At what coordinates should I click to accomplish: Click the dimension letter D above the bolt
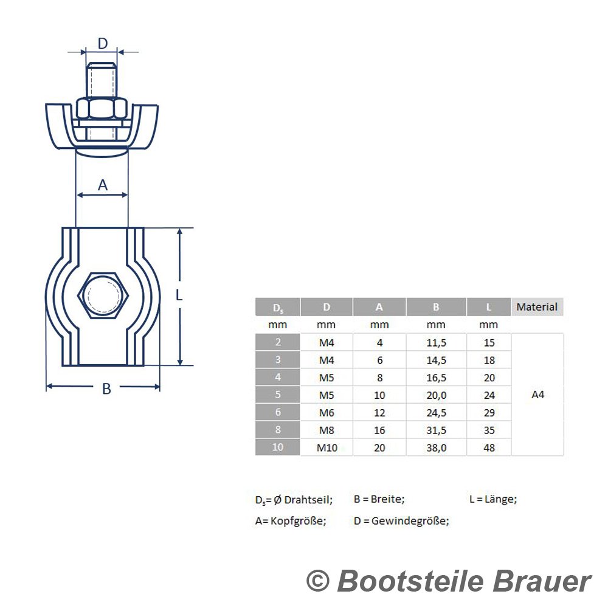click(x=102, y=43)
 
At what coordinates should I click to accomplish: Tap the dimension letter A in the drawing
click(x=102, y=185)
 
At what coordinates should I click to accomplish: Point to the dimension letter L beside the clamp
click(x=179, y=295)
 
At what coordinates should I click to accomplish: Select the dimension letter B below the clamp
click(x=106, y=389)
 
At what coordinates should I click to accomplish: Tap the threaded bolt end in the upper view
click(x=101, y=80)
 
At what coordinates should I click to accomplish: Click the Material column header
click(x=537, y=306)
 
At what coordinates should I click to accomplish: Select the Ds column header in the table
click(x=278, y=308)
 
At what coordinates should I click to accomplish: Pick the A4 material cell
click(x=538, y=395)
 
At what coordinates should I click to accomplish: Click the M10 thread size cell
click(x=327, y=448)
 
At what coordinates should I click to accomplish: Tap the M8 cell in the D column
click(x=326, y=430)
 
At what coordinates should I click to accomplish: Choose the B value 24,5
click(x=436, y=413)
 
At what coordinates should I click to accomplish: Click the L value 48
click(x=489, y=448)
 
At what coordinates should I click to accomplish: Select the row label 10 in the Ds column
click(x=278, y=447)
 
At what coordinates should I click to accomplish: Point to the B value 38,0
click(x=436, y=448)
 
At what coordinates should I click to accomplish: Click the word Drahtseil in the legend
click(x=308, y=499)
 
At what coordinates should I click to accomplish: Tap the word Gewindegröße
click(x=410, y=521)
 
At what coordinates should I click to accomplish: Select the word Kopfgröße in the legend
click(x=298, y=521)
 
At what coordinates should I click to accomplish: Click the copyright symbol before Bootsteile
click(x=318, y=581)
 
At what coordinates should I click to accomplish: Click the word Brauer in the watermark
click(x=542, y=581)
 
